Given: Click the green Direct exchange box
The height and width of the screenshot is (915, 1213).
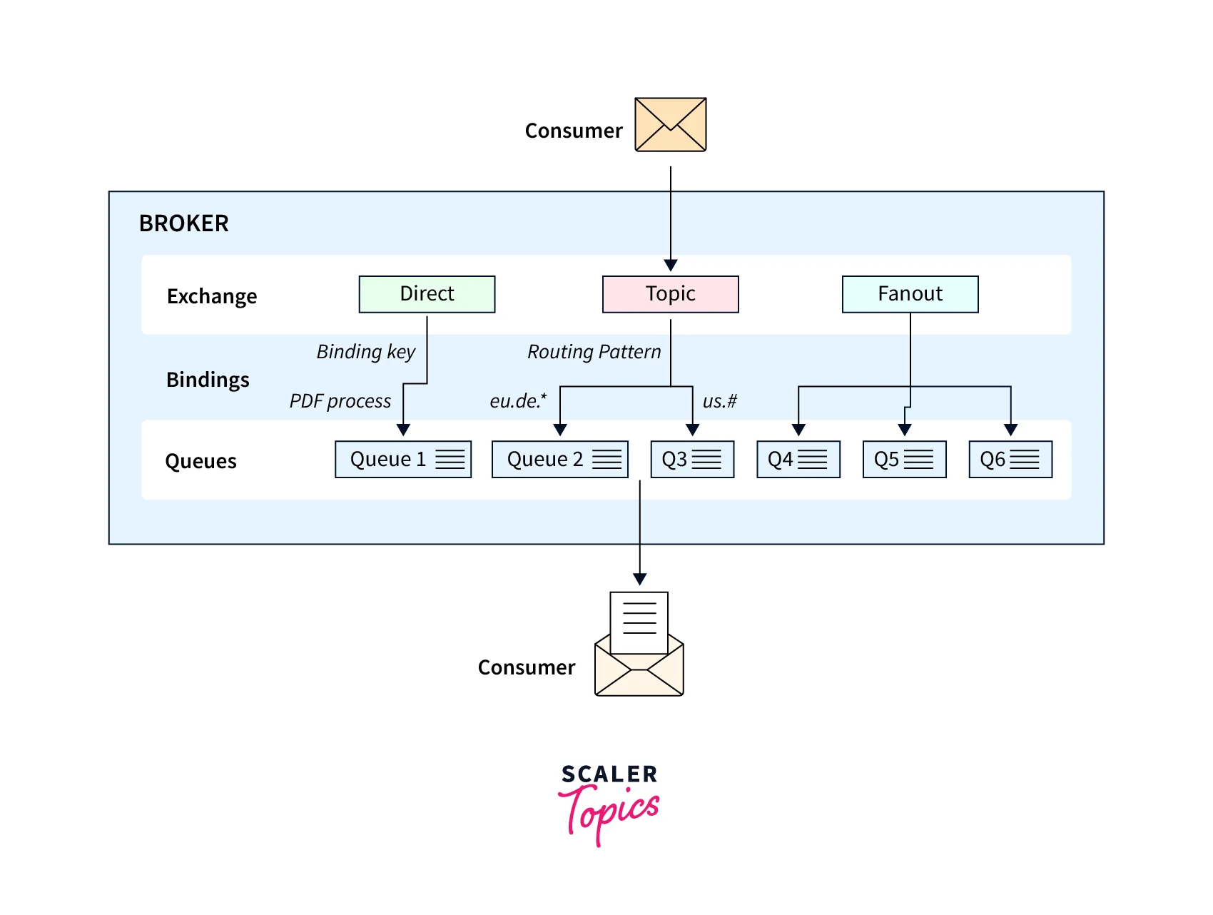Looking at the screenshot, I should click(x=427, y=294).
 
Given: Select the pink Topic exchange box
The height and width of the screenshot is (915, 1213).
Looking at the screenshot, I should click(x=670, y=294).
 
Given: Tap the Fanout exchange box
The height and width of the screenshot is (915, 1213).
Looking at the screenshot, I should click(x=910, y=294).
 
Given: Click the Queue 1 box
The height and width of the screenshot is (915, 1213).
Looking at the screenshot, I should click(x=403, y=459).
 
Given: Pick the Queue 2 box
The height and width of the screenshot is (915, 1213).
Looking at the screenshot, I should click(x=559, y=459).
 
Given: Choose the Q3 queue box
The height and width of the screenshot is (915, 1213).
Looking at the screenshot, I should click(x=692, y=459).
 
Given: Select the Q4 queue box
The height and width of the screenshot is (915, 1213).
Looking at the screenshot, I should click(x=798, y=459).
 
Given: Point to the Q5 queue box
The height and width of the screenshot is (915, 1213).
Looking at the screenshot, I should click(x=904, y=459).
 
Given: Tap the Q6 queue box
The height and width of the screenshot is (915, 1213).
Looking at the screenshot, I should click(x=1010, y=459).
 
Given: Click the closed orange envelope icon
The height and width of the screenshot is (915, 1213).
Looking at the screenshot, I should click(x=670, y=125).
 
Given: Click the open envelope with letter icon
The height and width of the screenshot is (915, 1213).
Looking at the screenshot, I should click(x=639, y=646).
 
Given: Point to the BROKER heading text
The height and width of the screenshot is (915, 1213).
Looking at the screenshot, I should click(x=183, y=223).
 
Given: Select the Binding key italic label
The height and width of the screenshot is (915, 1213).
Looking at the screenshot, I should click(x=365, y=351).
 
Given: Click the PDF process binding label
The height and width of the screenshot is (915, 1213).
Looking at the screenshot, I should click(x=340, y=401).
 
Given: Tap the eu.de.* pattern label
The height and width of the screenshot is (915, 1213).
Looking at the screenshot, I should click(x=518, y=401).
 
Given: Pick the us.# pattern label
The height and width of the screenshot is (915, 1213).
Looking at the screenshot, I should click(x=719, y=401).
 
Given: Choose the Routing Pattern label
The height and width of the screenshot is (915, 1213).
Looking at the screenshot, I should click(x=594, y=351).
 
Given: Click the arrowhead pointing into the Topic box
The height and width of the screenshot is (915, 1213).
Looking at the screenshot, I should click(x=670, y=266).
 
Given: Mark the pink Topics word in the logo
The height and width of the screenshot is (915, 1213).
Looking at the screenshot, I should click(x=610, y=813).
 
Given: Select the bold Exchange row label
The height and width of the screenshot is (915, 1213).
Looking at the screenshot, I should click(x=211, y=296).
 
